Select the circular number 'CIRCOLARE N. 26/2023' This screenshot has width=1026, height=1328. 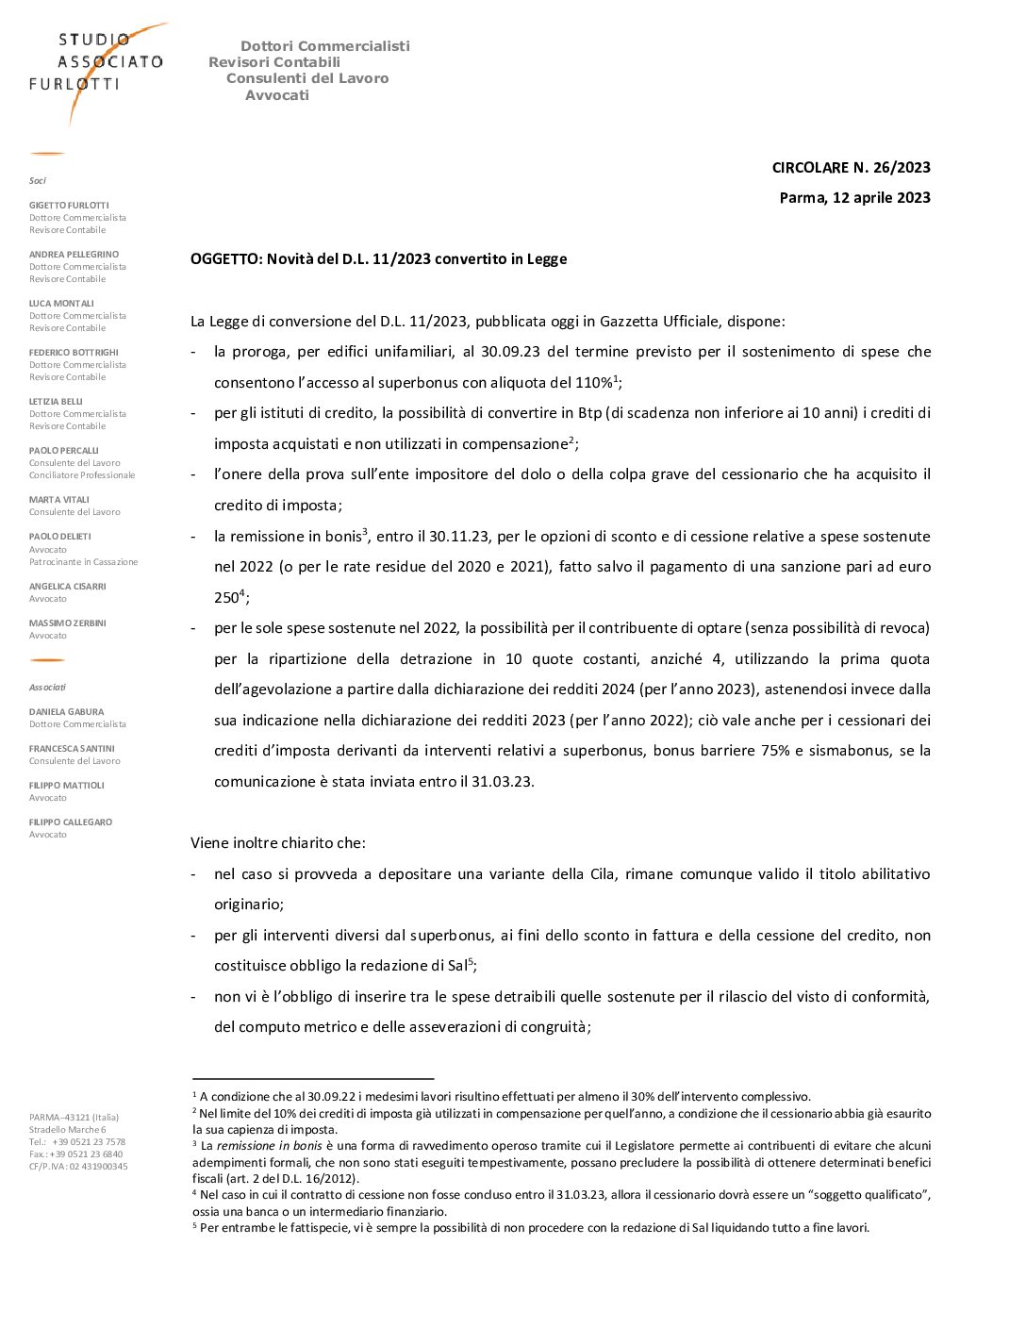[851, 168]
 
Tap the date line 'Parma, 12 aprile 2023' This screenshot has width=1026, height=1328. [854, 198]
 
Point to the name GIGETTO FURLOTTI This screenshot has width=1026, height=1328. [69, 206]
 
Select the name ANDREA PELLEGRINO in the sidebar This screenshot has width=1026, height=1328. [74, 255]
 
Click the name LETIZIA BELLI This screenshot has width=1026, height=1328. [56, 402]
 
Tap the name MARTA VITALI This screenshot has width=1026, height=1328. [59, 500]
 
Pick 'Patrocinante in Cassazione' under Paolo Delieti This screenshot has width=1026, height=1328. [83, 562]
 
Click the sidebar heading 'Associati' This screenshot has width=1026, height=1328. [47, 688]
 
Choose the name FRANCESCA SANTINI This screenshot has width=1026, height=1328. [72, 749]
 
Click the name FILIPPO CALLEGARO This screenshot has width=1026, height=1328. [71, 822]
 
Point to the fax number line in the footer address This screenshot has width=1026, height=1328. [75, 1154]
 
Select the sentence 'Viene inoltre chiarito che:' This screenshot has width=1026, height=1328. [278, 843]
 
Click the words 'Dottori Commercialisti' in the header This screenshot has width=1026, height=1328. [325, 46]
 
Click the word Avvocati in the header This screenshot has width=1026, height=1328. [277, 95]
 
